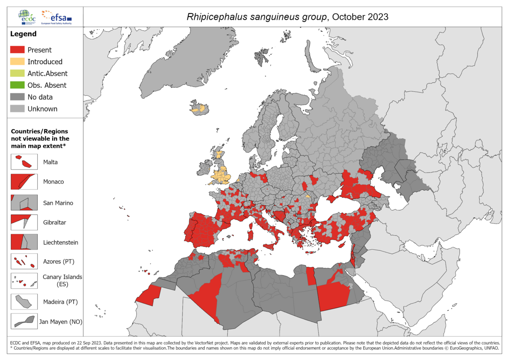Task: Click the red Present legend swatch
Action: click(x=17, y=50)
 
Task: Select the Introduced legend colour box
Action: click(x=17, y=62)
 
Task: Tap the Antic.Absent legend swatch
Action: click(x=17, y=74)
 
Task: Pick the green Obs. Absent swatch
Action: click(x=17, y=85)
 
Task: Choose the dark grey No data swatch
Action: click(x=17, y=97)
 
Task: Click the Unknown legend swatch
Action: click(x=17, y=109)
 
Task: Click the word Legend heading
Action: click(x=23, y=34)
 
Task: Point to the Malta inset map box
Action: click(x=24, y=162)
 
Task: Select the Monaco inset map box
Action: click(x=24, y=182)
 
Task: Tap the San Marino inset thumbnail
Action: click(x=24, y=202)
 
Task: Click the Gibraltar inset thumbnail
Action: click(x=24, y=222)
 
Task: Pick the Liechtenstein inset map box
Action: click(x=24, y=242)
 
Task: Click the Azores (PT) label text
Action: click(x=59, y=262)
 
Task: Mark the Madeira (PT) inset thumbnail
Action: click(x=24, y=302)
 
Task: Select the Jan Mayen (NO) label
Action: click(x=61, y=322)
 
